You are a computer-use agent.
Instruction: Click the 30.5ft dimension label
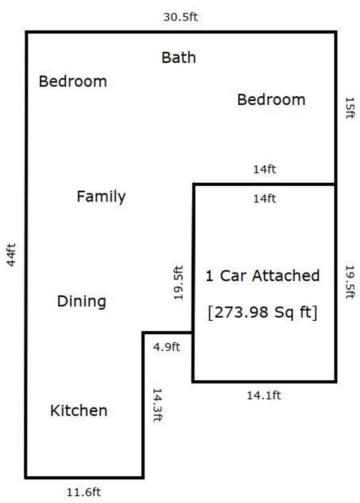coord(180,17)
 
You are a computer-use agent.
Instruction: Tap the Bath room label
coord(179,58)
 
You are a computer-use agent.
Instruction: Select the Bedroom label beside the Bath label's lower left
coord(73,81)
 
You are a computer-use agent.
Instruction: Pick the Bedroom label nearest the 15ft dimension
coord(271,99)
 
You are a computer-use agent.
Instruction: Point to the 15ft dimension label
coord(350,108)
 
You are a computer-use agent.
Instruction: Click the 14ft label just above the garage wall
coord(264,169)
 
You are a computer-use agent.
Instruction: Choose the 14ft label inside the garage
coord(264,198)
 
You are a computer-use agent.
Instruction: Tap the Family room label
coord(101,196)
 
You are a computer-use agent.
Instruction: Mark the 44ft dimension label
coord(11,255)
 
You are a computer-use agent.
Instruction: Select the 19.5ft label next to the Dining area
coord(178,282)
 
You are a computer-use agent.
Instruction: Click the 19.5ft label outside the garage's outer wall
coord(350,282)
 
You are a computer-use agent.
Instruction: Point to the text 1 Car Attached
coord(262,276)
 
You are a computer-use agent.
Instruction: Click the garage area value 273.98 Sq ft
coord(262,312)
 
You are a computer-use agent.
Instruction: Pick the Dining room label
coord(82,301)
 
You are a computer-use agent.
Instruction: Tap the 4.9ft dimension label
coord(166,347)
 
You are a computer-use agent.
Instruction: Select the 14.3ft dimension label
coord(157,405)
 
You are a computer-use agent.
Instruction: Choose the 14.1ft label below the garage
coord(264,395)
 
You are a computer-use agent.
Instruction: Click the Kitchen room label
coord(79,411)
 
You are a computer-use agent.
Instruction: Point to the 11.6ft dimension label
coord(84,492)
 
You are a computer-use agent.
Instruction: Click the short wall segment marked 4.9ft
coord(167,333)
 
